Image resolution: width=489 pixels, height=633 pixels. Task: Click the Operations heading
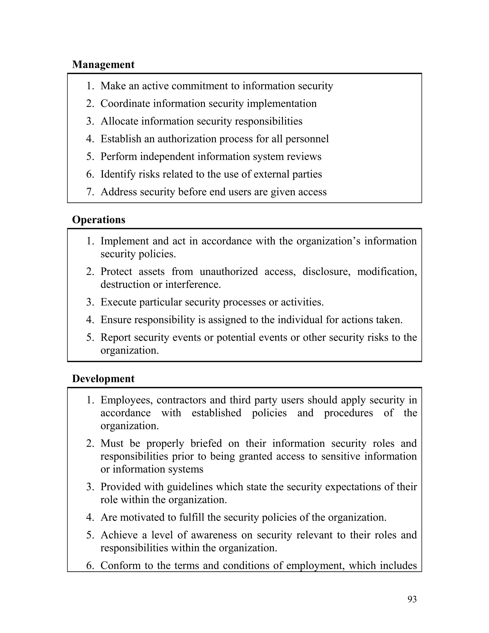point(99,220)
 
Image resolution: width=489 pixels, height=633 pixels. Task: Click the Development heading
point(103,379)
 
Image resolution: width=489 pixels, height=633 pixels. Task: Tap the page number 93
point(412,599)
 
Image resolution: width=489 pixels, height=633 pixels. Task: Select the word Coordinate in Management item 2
point(125,103)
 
